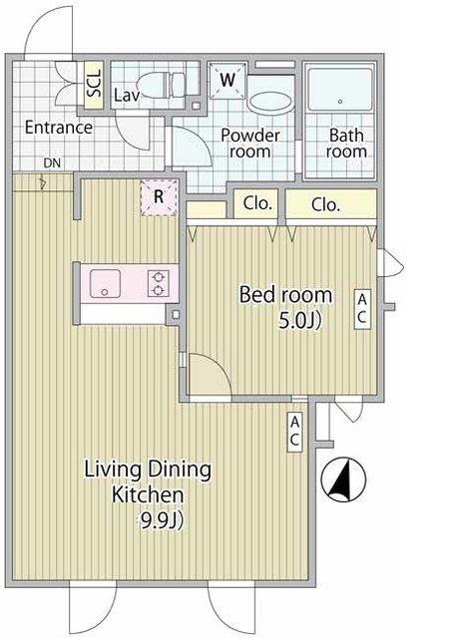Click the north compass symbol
click(x=343, y=479)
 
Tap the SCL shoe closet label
click(x=94, y=84)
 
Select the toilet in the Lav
click(x=162, y=84)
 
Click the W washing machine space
click(x=227, y=80)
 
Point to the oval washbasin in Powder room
click(x=270, y=103)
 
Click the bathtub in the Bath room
click(x=340, y=89)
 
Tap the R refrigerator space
click(x=159, y=197)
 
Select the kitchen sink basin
click(x=105, y=283)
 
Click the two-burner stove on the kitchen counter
click(x=158, y=283)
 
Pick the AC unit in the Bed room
click(x=362, y=309)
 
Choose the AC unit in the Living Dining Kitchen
click(x=294, y=432)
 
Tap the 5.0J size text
click(x=300, y=321)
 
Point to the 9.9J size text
click(x=162, y=520)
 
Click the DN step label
click(x=52, y=163)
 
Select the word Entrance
click(x=59, y=128)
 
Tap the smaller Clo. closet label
click(x=257, y=203)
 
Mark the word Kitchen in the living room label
click(x=148, y=495)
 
